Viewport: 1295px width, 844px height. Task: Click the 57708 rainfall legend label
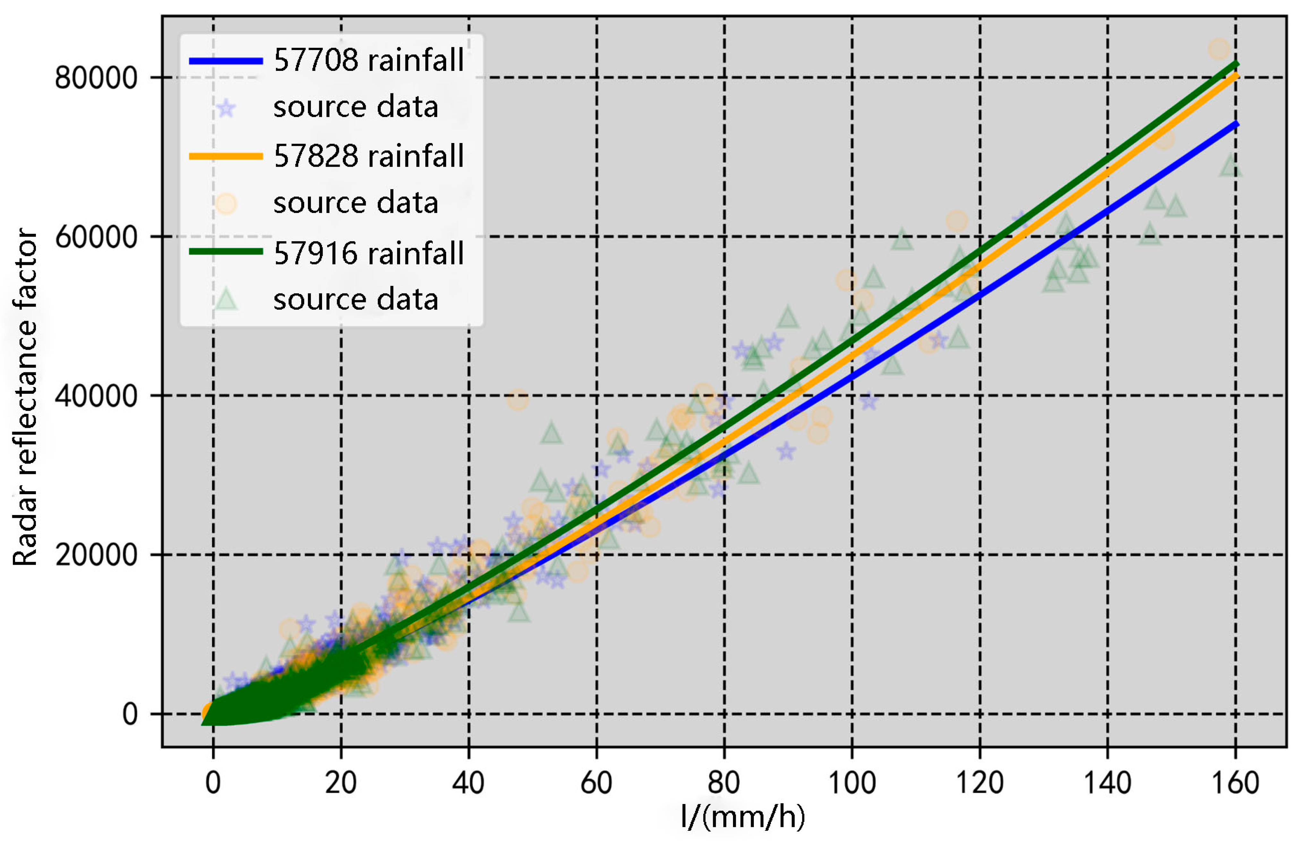click(368, 60)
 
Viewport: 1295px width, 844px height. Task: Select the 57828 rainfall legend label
click(368, 156)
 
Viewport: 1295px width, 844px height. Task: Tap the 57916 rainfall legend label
click(368, 253)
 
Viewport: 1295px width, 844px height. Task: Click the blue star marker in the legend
click(226, 108)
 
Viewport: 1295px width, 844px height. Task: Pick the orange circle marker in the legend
click(226, 203)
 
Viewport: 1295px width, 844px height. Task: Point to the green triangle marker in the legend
click(226, 300)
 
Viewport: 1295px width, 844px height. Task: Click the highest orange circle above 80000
click(1219, 49)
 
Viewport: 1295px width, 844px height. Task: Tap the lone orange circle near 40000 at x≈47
click(517, 400)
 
